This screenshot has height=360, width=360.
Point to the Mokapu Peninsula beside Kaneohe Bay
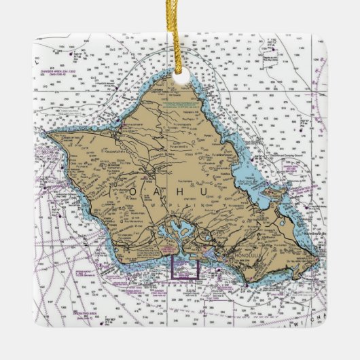[278, 194]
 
